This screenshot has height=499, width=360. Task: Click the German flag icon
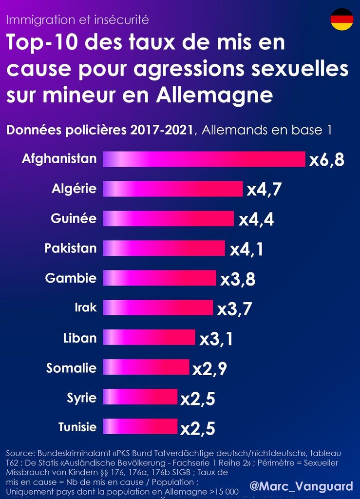(x=341, y=19)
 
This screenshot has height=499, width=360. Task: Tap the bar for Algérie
(x=172, y=189)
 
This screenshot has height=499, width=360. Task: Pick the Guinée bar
(x=168, y=219)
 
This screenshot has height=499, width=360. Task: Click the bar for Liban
(x=149, y=338)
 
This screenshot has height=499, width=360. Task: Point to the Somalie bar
(x=146, y=367)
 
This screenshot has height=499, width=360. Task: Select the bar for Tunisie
(x=140, y=427)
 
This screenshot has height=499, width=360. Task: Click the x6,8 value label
(x=327, y=160)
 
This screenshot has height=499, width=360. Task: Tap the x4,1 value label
(x=247, y=249)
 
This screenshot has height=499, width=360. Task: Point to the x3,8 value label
(x=238, y=280)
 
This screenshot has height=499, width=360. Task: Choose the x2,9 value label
(x=209, y=369)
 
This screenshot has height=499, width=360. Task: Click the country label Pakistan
(x=71, y=249)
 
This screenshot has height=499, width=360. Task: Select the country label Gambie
(x=71, y=278)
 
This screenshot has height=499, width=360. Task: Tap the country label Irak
(x=85, y=308)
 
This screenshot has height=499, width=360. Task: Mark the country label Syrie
(x=81, y=398)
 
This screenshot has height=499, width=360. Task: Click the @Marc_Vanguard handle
(x=301, y=486)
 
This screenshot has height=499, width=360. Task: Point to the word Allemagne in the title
(x=215, y=95)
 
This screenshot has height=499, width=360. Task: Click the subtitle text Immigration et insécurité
(x=78, y=20)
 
